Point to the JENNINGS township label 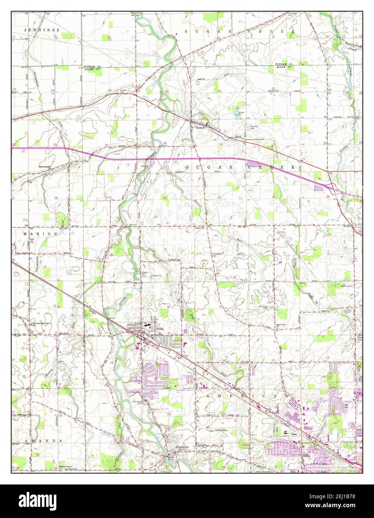pyautogui.click(x=36, y=29)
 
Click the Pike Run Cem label pyautogui.click(x=250, y=127)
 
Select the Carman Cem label pyautogui.click(x=124, y=91)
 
